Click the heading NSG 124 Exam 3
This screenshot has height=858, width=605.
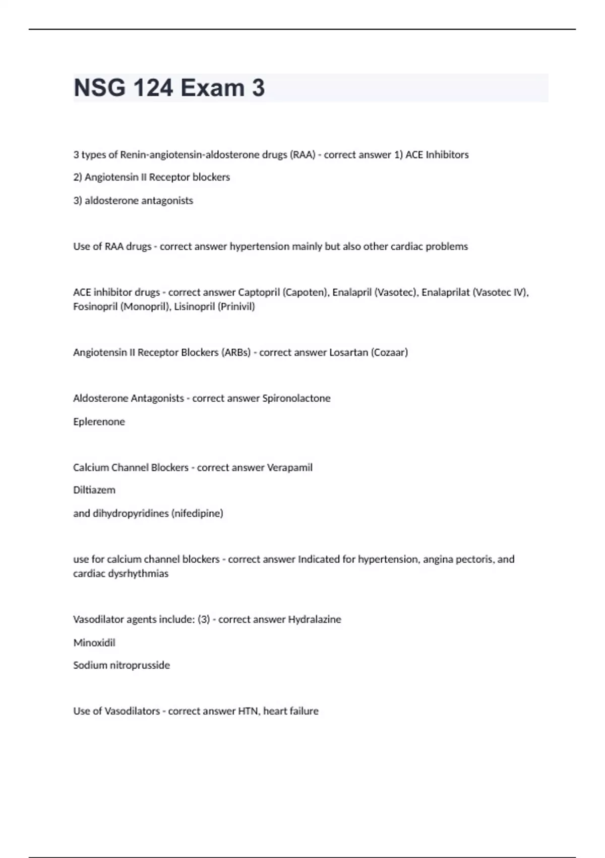169,88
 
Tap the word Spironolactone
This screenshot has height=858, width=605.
296,398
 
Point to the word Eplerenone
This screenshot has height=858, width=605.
99,421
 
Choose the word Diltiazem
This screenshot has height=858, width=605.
94,490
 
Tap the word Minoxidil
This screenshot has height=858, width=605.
94,642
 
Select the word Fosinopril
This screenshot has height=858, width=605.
95,306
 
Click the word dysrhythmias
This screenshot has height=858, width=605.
137,573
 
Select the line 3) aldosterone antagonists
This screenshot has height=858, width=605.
133,200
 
